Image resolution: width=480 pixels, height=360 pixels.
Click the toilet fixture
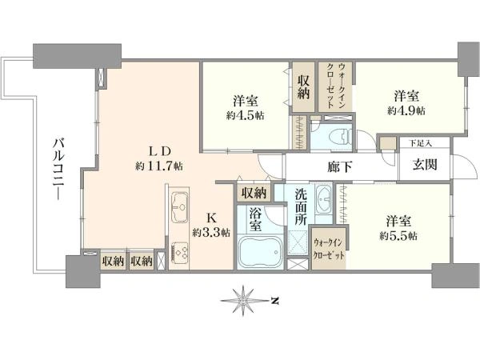341,136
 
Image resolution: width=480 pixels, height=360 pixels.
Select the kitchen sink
179,207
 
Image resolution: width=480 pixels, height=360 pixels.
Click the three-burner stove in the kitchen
179,253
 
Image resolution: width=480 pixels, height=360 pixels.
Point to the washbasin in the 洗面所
323,199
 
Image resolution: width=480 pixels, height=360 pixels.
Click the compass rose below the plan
243,301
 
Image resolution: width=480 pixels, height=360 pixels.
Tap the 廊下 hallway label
339,167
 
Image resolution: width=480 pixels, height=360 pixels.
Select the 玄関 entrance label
425,166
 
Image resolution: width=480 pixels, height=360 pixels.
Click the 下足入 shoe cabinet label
421,143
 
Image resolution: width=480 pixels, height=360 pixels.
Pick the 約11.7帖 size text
159,166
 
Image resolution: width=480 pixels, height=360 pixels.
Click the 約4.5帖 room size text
246,115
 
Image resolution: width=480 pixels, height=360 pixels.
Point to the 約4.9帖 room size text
406,110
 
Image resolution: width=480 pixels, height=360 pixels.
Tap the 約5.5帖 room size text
398,236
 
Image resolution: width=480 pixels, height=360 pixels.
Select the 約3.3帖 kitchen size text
211,233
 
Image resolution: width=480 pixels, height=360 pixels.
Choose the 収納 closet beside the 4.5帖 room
304,87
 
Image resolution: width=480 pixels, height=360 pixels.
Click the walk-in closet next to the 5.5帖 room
329,248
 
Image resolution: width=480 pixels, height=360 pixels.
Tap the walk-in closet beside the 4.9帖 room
335,86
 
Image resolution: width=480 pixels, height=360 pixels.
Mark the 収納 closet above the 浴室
254,193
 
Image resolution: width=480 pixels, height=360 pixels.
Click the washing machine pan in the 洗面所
298,242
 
